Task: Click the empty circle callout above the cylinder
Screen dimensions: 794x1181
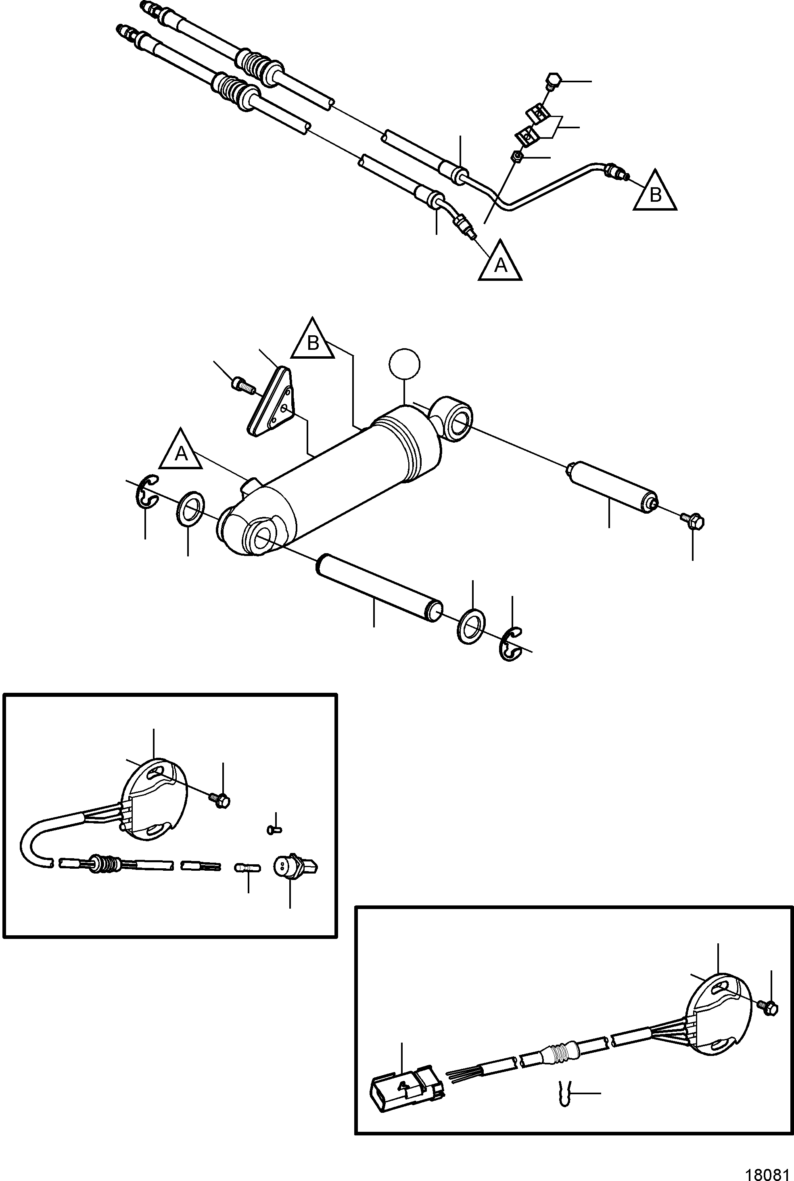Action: pos(405,364)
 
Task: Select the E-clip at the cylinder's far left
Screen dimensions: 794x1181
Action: pos(147,491)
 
